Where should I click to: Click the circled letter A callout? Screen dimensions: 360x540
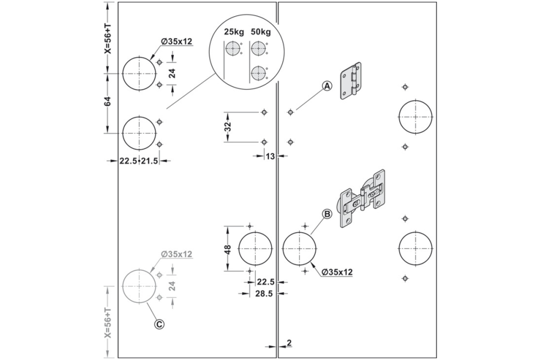coord(327,86)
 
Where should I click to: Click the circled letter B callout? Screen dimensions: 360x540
coord(327,214)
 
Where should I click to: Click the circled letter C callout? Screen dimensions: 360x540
coord(159,324)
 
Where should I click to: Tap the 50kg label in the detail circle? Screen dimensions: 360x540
coord(261,32)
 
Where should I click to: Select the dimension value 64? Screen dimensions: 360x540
coord(108,102)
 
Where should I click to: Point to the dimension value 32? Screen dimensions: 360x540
coord(227,127)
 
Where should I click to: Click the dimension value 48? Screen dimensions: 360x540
coord(227,249)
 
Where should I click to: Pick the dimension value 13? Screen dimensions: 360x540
coord(271,157)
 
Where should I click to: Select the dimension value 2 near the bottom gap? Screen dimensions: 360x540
coord(289,342)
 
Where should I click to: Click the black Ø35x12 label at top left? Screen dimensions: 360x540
coord(177,42)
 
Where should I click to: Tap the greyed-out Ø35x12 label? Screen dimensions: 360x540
coord(177,254)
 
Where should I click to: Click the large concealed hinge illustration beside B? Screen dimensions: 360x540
coord(362,199)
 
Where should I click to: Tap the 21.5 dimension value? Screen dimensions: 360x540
coord(150,161)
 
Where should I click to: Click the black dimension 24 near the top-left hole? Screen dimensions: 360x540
coord(172,73)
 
